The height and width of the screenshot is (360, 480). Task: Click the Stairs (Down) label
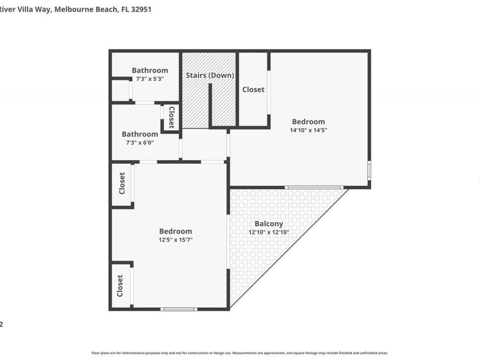[210, 75]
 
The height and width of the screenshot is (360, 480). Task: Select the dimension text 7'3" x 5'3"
[149, 78]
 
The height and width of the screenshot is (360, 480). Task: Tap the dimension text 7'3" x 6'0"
[139, 142]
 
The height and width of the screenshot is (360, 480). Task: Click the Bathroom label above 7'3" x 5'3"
[150, 70]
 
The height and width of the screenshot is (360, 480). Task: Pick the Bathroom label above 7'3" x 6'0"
[140, 134]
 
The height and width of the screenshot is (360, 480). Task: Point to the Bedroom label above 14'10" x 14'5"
[308, 122]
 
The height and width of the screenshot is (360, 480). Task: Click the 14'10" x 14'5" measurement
[308, 130]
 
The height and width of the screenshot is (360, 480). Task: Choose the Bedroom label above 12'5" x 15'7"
[175, 231]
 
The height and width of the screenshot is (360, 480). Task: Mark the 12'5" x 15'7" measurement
[175, 239]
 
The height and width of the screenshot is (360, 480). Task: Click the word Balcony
[269, 224]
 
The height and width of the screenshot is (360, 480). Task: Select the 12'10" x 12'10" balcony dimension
[269, 232]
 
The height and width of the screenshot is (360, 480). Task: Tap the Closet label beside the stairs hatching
[253, 90]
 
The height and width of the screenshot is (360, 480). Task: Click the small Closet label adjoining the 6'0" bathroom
[171, 117]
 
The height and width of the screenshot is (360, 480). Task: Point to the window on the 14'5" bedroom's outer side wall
[369, 170]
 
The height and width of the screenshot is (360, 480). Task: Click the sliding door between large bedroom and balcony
[314, 187]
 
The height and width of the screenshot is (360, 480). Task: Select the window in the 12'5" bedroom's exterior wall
[179, 309]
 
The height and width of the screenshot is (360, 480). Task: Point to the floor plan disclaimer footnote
[239, 353]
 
